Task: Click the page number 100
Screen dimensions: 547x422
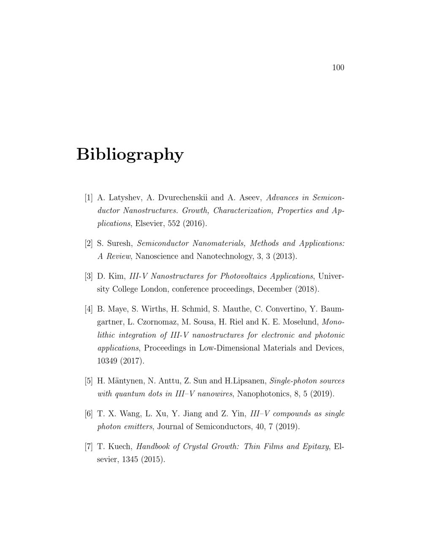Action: coord(338,68)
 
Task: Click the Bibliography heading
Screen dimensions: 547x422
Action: coord(130,154)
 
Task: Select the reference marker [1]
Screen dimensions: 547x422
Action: coord(89,197)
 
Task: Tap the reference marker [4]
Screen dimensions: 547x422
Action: coord(89,309)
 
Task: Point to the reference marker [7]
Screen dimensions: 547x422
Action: coord(89,446)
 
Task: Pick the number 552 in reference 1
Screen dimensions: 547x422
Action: coord(174,224)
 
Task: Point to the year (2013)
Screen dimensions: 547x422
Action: coord(284,257)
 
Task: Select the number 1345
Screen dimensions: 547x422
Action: coord(132,459)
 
